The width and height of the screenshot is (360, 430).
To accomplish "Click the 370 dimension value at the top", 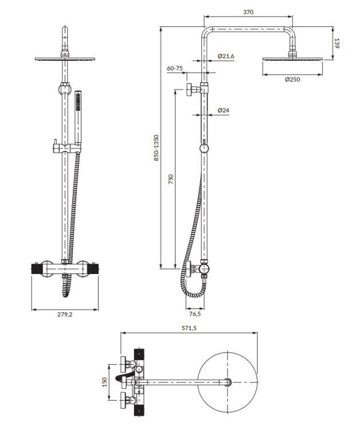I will (x=248, y=12).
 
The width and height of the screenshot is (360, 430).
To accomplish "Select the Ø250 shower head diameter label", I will (x=292, y=79).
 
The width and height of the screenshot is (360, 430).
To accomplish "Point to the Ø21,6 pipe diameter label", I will (x=226, y=56).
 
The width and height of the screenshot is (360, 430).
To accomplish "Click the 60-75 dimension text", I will (x=175, y=68).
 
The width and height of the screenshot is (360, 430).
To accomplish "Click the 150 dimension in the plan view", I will (x=105, y=382).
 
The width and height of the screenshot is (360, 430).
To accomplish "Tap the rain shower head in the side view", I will (x=293, y=58).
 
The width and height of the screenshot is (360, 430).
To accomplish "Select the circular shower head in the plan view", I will (x=228, y=381).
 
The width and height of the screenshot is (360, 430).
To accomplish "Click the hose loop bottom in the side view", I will (x=194, y=295).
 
